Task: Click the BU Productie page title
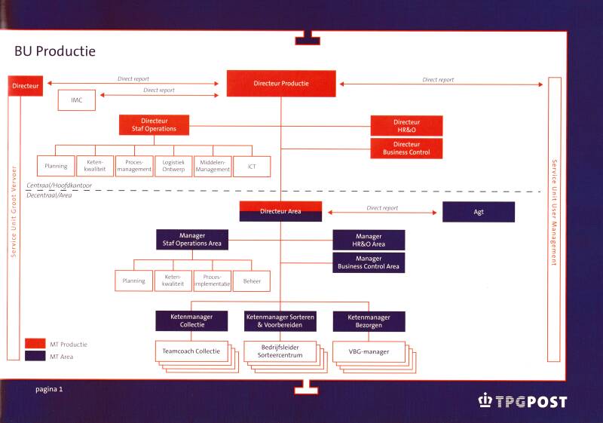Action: pos(55,52)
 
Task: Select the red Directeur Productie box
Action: pos(280,84)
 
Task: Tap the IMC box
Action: pos(77,100)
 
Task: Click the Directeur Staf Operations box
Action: pos(154,125)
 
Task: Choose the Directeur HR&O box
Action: pos(406,125)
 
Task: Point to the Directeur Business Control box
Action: pos(406,148)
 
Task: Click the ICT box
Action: pos(252,166)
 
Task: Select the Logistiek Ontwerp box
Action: pos(173,166)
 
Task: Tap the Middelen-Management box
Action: pos(213,166)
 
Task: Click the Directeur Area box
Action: pos(280,211)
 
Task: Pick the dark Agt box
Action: pos(479,212)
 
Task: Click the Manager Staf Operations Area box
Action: pos(192,240)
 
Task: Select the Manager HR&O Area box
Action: pos(369,240)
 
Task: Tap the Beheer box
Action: pos(252,281)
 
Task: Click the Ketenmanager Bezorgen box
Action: pos(369,321)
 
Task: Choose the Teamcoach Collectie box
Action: pos(191,351)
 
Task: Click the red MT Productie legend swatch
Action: pos(35,343)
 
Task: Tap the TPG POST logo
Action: pos(522,402)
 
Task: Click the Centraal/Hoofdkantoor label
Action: pos(60,185)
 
